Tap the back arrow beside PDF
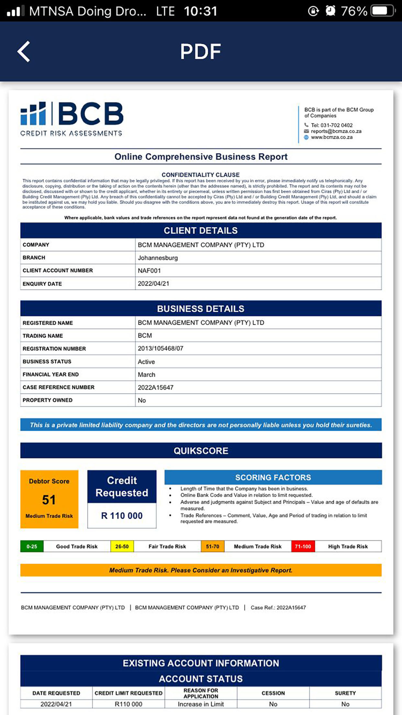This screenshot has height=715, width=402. (x=24, y=51)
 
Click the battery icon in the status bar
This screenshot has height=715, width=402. (x=383, y=11)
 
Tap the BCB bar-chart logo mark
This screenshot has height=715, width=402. (x=33, y=114)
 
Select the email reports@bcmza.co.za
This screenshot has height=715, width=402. (x=336, y=131)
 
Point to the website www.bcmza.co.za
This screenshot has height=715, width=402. (x=332, y=137)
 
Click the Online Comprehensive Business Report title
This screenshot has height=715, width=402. (x=201, y=157)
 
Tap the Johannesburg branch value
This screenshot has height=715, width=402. (x=158, y=258)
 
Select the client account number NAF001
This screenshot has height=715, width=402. (x=149, y=271)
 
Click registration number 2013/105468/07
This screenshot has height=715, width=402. (x=160, y=349)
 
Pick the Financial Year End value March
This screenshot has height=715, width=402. (x=146, y=374)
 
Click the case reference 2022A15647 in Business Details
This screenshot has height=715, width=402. (x=156, y=387)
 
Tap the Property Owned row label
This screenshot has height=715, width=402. (x=47, y=400)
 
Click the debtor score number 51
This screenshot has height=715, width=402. (x=49, y=500)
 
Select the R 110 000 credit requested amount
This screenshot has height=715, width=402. (x=122, y=516)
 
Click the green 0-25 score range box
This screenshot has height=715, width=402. (x=32, y=547)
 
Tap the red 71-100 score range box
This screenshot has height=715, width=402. (x=303, y=547)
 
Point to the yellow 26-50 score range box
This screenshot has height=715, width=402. (x=122, y=547)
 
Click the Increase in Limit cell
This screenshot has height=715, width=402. (x=201, y=704)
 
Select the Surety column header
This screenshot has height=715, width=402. (x=345, y=693)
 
